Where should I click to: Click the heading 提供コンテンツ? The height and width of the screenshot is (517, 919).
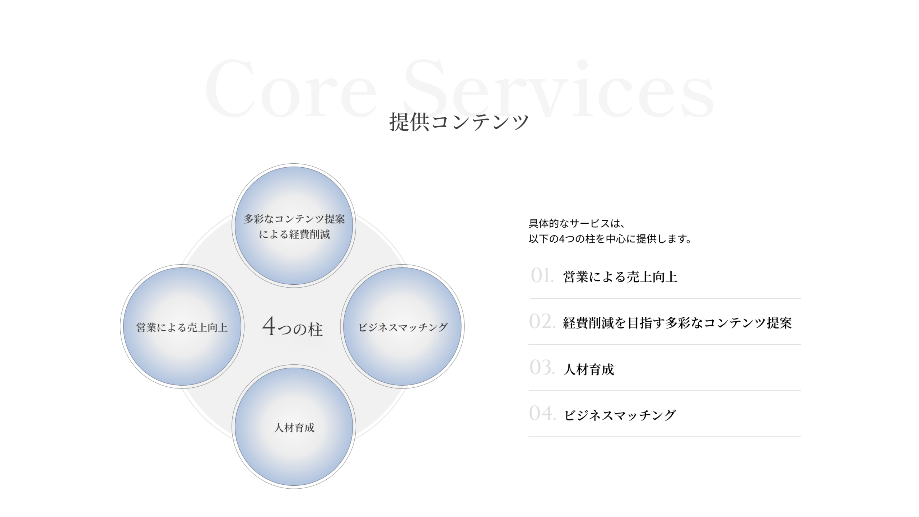[459, 122]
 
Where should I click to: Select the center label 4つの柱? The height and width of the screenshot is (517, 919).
[293, 327]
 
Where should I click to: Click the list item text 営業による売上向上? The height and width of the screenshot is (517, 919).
[620, 277]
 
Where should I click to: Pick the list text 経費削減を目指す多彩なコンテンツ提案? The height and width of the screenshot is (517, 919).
[677, 323]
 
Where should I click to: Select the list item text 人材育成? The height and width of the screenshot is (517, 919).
[589, 369]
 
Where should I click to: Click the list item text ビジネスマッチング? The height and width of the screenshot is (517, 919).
[620, 415]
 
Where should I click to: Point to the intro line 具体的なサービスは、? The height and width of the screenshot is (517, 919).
[577, 223]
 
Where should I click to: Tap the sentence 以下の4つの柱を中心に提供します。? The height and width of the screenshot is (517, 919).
[610, 239]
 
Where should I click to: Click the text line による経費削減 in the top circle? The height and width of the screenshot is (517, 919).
[294, 234]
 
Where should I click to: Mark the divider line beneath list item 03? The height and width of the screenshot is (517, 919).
[664, 390]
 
